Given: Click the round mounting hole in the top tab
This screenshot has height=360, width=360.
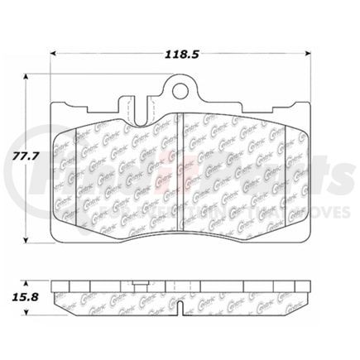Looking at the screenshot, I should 179,90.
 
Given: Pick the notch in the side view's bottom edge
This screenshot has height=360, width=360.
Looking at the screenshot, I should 179,307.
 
